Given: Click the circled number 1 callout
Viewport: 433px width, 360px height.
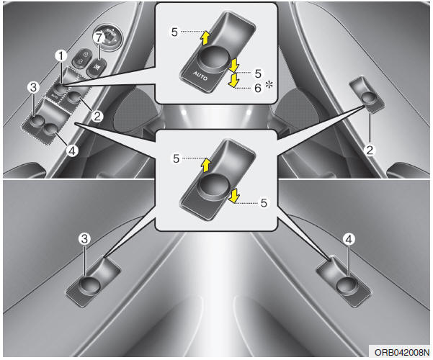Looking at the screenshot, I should point(62,54).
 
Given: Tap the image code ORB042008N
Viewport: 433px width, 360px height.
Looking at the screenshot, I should point(399,352).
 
